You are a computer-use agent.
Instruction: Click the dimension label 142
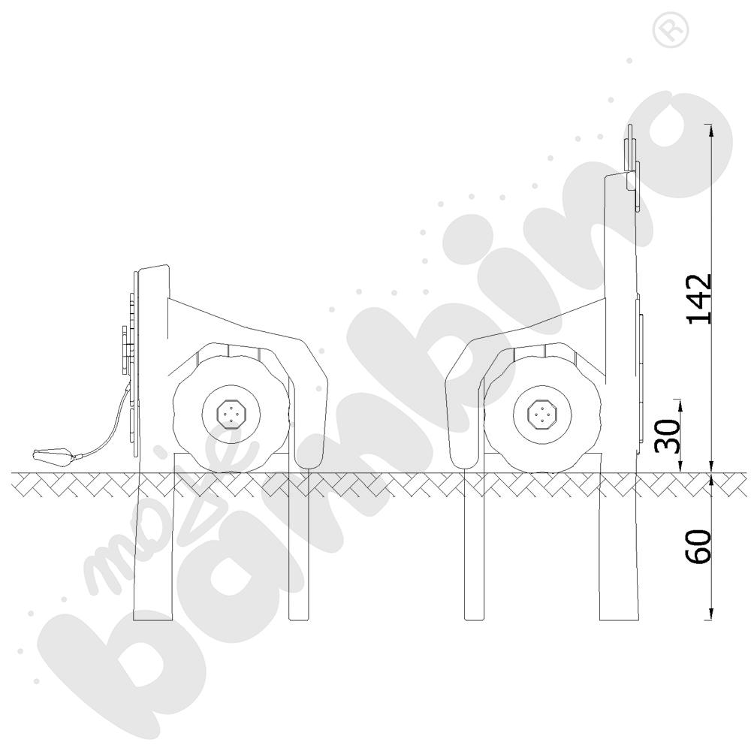[x=700, y=299]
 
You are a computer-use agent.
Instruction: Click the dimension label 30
[x=668, y=436]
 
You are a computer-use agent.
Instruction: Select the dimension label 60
[x=698, y=547]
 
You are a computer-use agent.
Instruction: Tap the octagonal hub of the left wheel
[x=231, y=412]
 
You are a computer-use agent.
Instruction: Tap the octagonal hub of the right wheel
[x=541, y=412]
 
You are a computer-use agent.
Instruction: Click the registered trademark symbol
[x=671, y=31]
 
